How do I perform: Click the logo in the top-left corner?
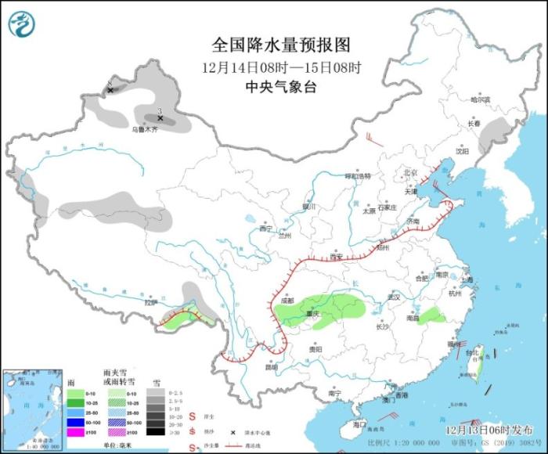22,24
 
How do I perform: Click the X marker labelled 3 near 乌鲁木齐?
160,118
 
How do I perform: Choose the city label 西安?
337,257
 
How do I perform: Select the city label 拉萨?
151,302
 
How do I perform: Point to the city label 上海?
468,279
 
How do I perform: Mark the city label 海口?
359,423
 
